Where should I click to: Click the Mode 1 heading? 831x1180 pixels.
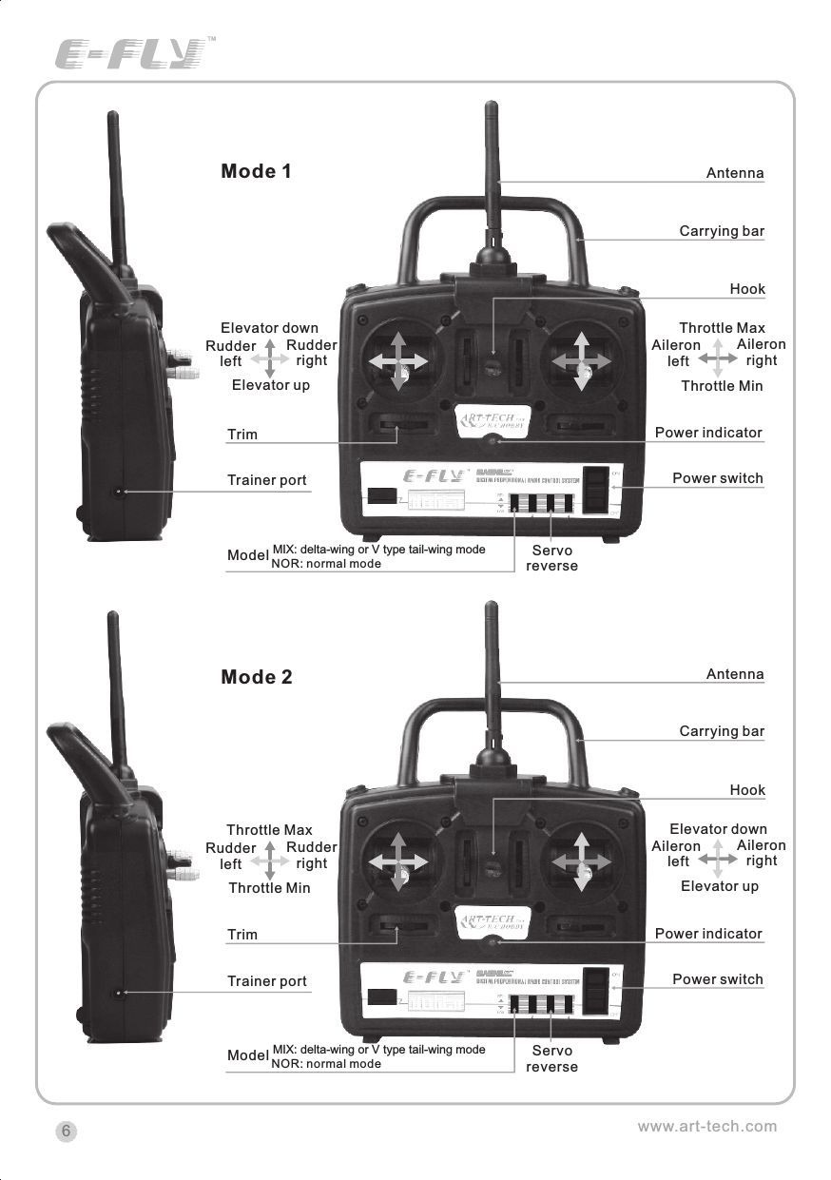click(x=256, y=171)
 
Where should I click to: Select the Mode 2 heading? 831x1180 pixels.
click(x=256, y=677)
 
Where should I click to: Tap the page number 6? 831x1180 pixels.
click(x=66, y=1131)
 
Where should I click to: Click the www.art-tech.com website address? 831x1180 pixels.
click(x=706, y=1127)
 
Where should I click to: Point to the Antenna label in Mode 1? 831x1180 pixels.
click(x=734, y=173)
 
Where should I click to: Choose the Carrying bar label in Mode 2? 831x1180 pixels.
click(x=721, y=731)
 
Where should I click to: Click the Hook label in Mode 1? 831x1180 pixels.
click(x=746, y=289)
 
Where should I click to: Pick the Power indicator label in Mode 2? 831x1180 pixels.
click(x=708, y=934)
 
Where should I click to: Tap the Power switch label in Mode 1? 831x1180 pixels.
click(x=717, y=478)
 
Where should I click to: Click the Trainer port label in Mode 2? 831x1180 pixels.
click(x=266, y=981)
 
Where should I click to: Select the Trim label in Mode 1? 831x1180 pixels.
click(x=242, y=435)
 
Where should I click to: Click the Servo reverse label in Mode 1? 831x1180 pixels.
click(x=551, y=558)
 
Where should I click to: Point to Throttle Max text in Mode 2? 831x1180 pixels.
click(x=269, y=830)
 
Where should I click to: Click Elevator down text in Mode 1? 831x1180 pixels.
click(x=269, y=329)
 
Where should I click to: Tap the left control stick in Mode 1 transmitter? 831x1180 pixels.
click(x=397, y=362)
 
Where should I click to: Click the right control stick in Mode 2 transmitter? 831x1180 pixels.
click(x=581, y=862)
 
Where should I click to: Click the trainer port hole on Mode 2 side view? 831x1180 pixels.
click(x=120, y=993)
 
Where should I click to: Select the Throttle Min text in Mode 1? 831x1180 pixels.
click(x=722, y=386)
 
